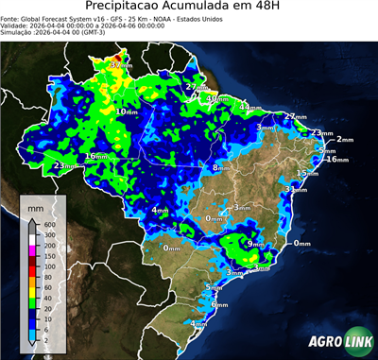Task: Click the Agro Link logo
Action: (337, 340)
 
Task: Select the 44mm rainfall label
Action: (250, 108)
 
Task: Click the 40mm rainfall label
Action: (218, 98)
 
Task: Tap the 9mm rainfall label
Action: (255, 243)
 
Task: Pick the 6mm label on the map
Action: (220, 305)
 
